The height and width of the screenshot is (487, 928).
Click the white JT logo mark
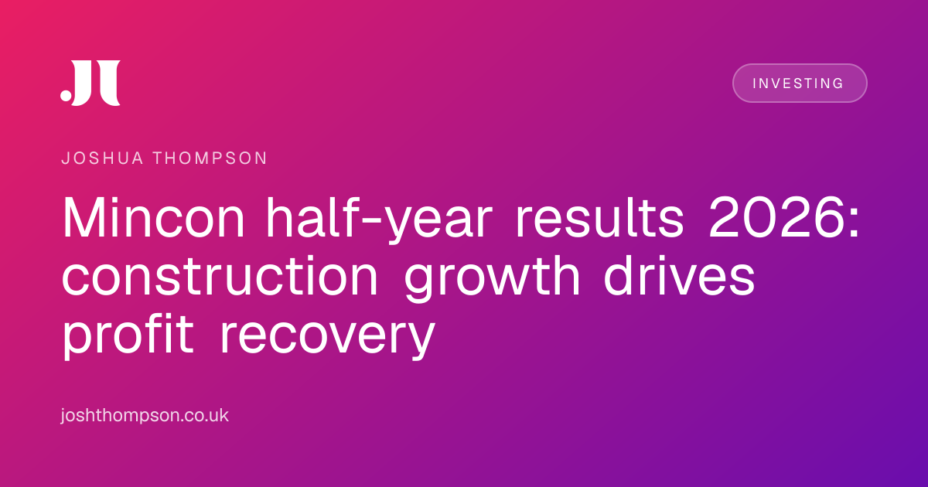tap(90, 83)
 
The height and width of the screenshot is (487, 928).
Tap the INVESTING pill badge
tap(800, 83)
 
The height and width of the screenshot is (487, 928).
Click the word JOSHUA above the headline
tap(102, 158)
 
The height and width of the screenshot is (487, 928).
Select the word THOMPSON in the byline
tap(210, 158)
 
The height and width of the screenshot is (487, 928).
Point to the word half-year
tap(379, 219)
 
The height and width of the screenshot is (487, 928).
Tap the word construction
tap(220, 276)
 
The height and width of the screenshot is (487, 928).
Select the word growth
tap(492, 278)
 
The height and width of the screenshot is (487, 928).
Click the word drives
tap(680, 276)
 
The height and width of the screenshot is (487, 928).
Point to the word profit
tap(128, 336)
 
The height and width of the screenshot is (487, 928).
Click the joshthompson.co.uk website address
tap(145, 415)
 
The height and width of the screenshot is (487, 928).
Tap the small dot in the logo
tap(66, 95)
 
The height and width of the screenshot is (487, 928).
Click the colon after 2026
tap(854, 223)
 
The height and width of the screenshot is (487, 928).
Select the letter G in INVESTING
tap(838, 83)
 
